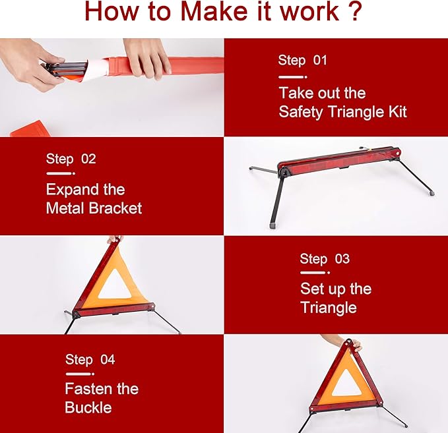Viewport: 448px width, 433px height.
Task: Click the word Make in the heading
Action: [214, 11]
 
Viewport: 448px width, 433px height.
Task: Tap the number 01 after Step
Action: [320, 60]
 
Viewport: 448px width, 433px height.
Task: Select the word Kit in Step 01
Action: [397, 111]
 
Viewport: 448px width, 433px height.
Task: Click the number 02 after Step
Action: [88, 159]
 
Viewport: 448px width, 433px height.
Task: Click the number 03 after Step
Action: [342, 259]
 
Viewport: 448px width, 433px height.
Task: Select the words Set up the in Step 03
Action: [336, 289]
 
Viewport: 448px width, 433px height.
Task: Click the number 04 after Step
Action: [108, 359]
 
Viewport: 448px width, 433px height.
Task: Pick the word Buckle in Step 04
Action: [88, 407]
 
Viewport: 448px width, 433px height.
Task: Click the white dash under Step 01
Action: [293, 77]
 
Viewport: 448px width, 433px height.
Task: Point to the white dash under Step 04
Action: [80, 374]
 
